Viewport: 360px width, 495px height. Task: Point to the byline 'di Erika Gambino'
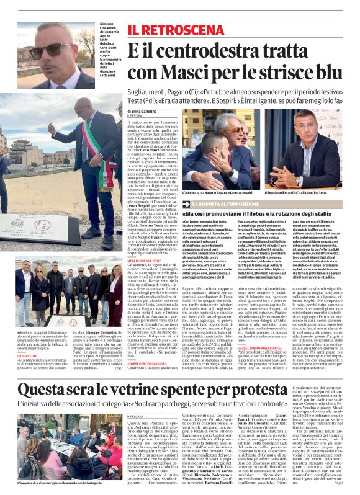(x=143, y=110)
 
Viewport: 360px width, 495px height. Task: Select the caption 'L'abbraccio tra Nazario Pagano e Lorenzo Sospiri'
(x=217, y=194)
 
